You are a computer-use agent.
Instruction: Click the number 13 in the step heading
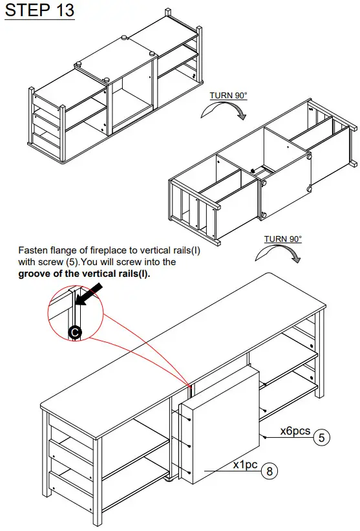(x=62, y=11)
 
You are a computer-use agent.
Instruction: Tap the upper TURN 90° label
(x=228, y=96)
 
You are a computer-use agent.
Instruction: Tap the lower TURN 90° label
(x=282, y=239)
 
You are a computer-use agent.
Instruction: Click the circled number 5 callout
(x=322, y=438)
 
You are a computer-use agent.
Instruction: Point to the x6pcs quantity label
(x=295, y=431)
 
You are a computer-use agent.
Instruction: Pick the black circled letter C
(x=75, y=332)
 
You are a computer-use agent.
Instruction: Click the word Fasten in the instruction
(x=34, y=250)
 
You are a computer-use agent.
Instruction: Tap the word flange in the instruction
(x=67, y=250)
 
